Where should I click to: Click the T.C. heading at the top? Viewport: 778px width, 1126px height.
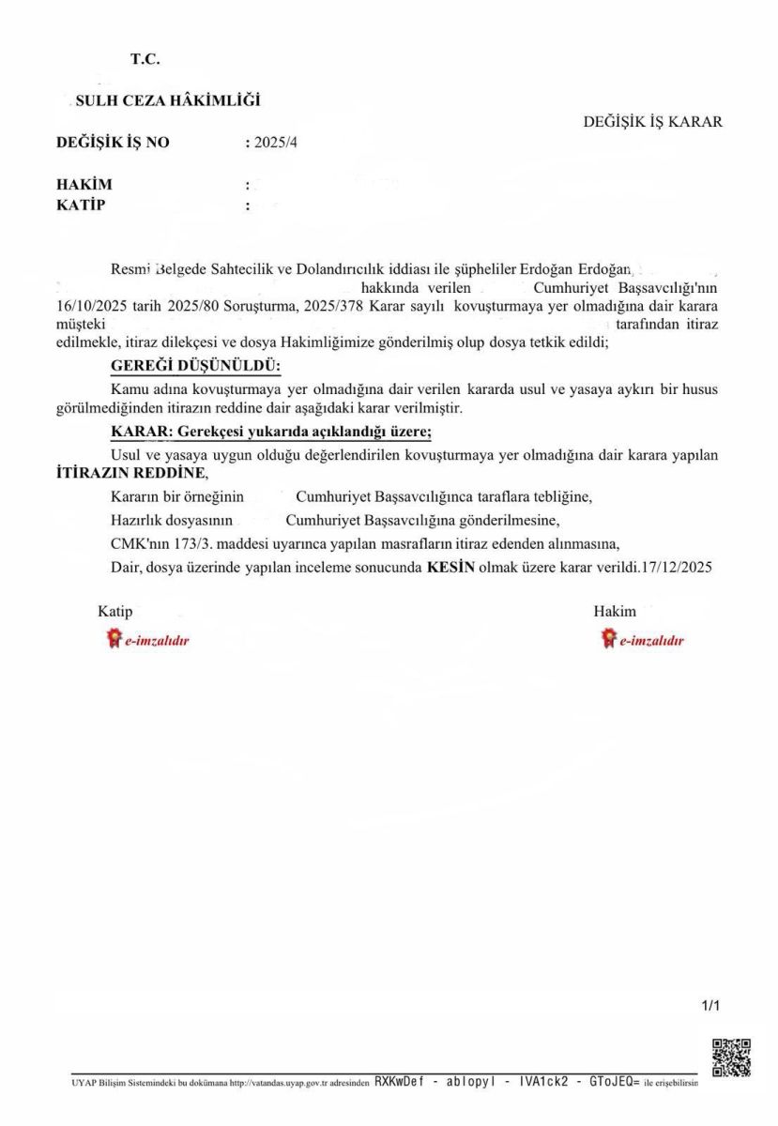(145, 59)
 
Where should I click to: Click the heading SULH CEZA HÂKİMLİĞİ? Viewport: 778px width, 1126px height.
(167, 100)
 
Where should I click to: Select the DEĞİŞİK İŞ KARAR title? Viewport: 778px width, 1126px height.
(652, 122)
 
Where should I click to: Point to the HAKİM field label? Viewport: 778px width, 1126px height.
(84, 185)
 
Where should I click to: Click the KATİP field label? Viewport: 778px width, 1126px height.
(82, 205)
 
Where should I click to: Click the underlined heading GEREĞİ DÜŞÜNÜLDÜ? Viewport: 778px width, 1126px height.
(195, 365)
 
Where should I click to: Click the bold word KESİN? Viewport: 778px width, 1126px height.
(450, 567)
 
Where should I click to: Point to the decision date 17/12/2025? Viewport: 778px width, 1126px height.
(675, 567)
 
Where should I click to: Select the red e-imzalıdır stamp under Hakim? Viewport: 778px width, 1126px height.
(643, 640)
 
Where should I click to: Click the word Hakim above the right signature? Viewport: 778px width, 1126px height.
(614, 611)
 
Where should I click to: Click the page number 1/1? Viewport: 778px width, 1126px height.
(710, 1006)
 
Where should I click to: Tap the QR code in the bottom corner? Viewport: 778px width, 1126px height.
(731, 1057)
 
